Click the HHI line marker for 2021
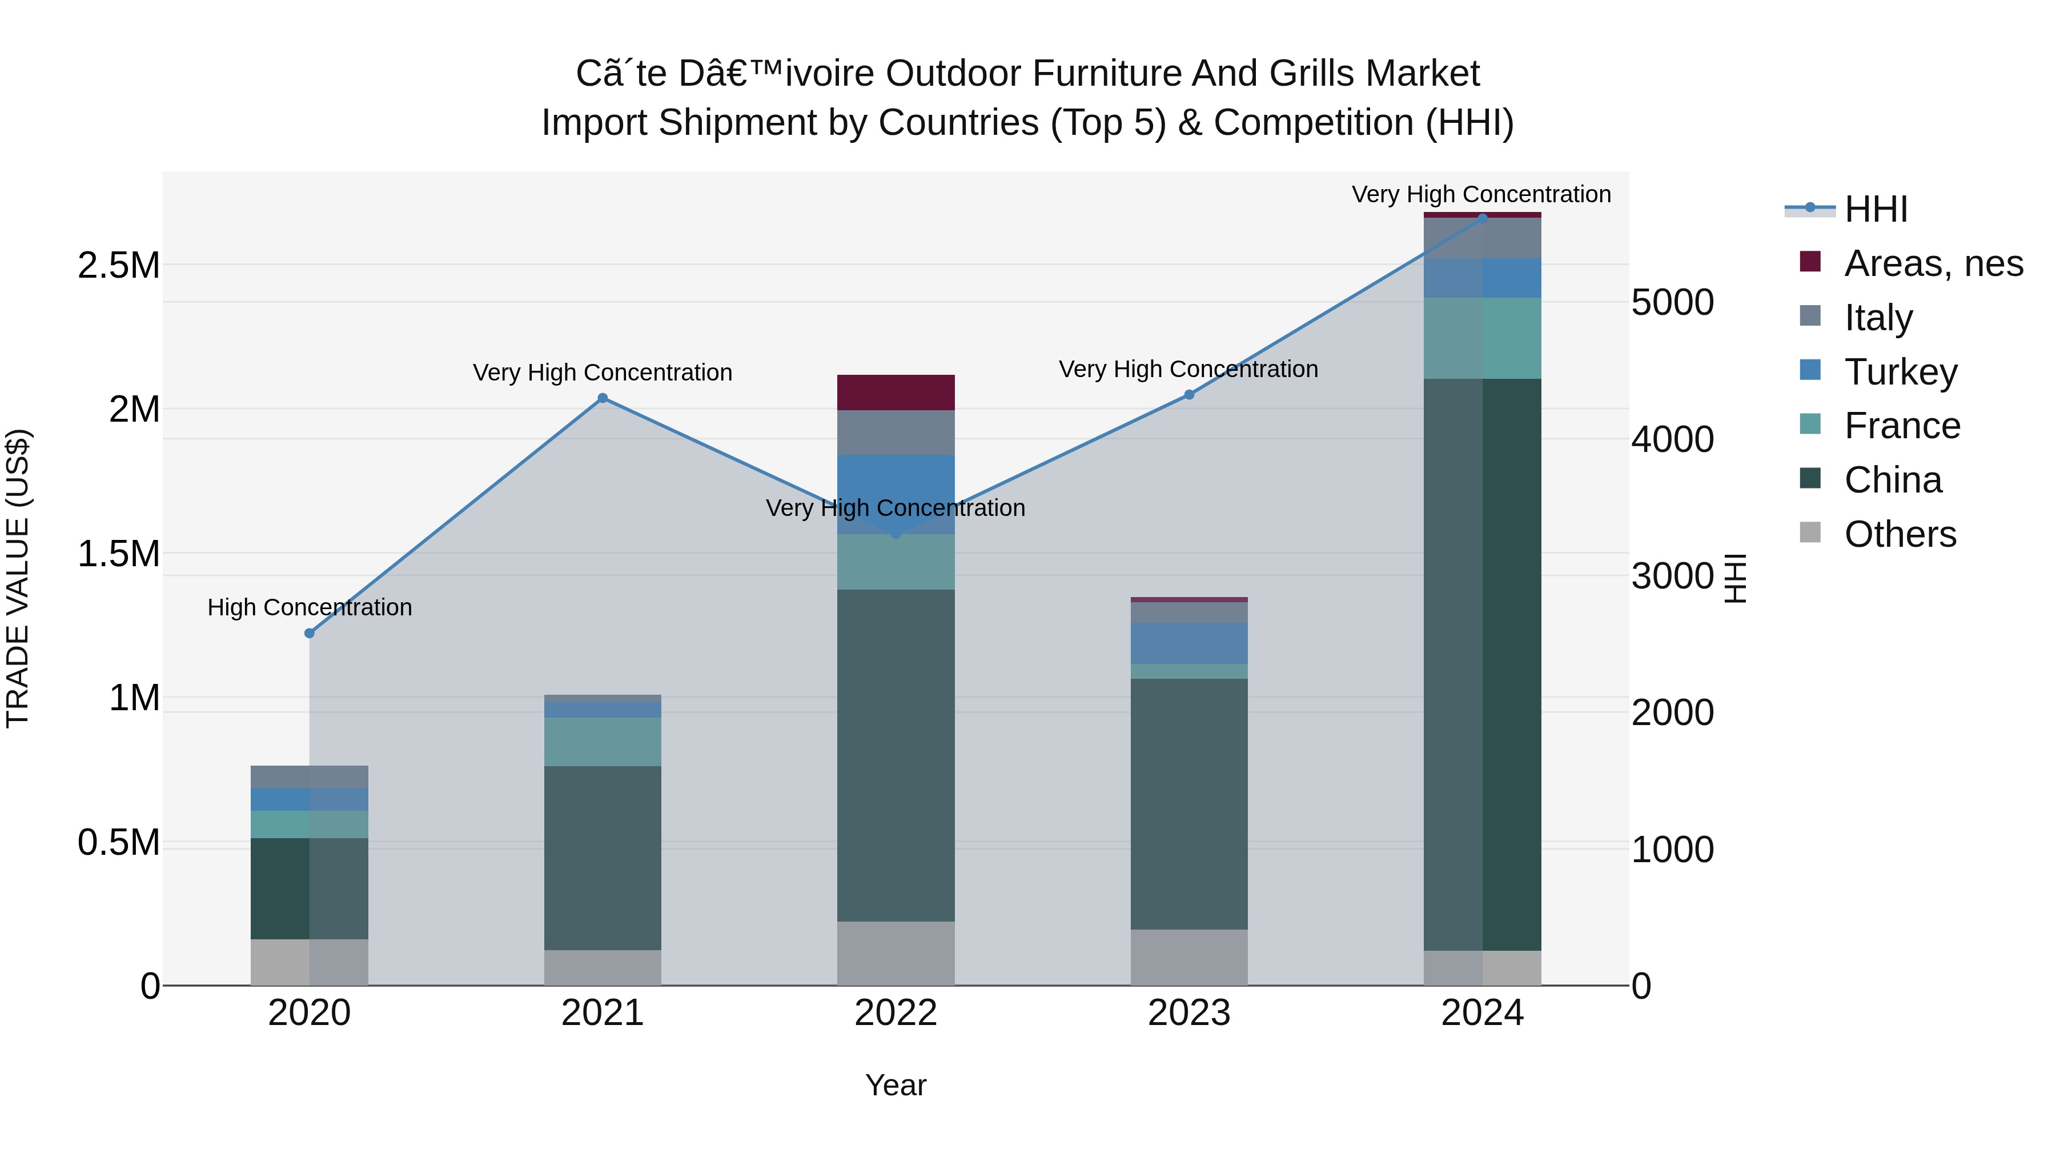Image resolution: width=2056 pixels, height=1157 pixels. pos(603,398)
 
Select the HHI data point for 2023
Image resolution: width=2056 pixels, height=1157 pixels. pos(1188,394)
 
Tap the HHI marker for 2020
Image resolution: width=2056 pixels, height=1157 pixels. pos(310,633)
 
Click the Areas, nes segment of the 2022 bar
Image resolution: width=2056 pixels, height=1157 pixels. pos(896,392)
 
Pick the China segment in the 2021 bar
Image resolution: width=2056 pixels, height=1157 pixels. pos(603,858)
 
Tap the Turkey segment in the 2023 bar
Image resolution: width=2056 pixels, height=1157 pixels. pos(1188,643)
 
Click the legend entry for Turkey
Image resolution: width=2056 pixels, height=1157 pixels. pos(1900,372)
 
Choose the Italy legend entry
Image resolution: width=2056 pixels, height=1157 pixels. pos(1877,318)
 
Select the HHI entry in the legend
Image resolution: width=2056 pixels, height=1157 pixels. pos(1875,209)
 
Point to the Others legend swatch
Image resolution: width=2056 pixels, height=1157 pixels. pos(1810,533)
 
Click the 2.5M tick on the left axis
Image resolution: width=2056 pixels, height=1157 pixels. pos(119,265)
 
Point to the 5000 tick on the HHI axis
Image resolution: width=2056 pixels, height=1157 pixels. pos(1671,303)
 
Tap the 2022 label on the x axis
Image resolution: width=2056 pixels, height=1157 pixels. pos(896,1013)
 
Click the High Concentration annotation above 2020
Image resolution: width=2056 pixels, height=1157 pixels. pos(310,608)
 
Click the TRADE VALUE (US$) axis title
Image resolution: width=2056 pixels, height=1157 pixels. pos(18,578)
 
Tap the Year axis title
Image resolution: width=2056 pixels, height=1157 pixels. pos(896,1085)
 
